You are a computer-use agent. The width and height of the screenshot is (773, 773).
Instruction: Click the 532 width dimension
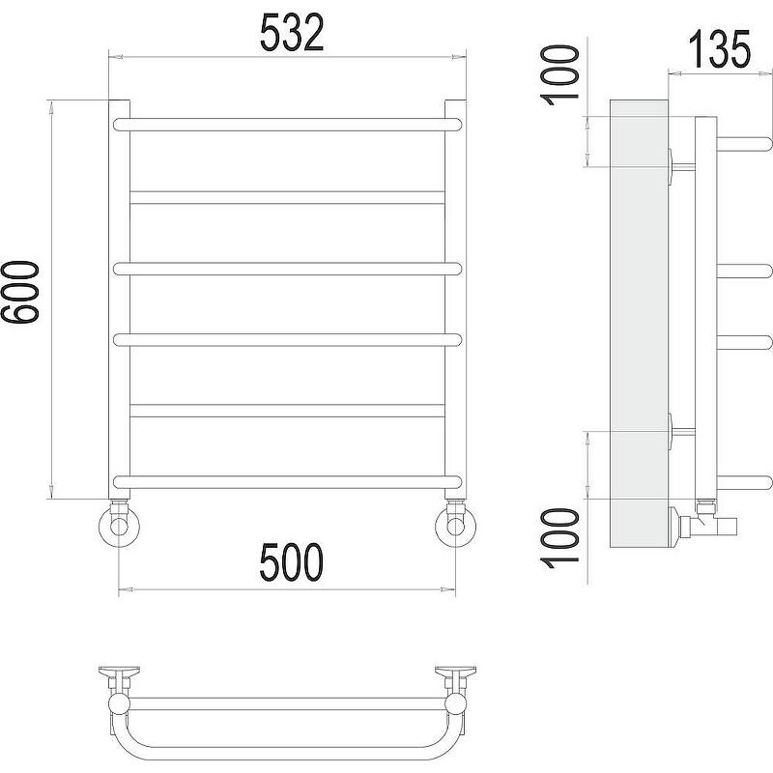292,33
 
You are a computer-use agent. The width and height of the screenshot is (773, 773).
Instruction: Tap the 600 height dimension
19,292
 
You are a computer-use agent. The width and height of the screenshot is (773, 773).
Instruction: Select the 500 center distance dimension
292,562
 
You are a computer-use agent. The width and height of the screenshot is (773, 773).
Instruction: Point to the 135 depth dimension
719,49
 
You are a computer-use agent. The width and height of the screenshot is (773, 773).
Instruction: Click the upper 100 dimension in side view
559,75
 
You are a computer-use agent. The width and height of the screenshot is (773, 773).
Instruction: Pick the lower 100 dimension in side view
559,538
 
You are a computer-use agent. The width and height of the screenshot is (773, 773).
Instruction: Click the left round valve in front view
119,526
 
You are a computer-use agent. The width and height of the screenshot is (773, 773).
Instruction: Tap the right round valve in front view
455,526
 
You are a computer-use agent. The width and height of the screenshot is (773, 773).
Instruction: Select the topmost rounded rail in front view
287,125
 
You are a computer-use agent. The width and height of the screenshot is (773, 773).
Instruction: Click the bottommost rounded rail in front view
287,482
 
